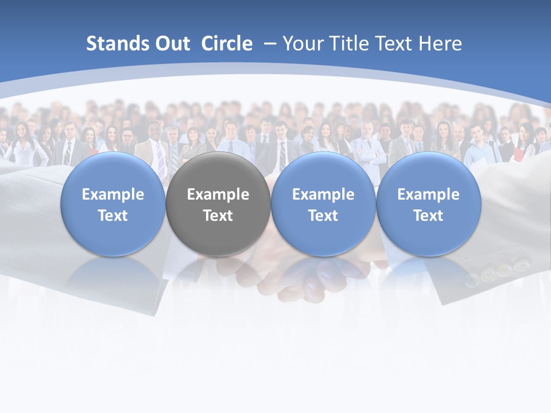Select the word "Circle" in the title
point(227,44)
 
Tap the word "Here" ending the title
point(441,44)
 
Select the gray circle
point(218,204)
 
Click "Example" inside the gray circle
point(218,194)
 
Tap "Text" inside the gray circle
point(218,216)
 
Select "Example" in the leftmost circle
point(113,194)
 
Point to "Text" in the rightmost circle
point(428,216)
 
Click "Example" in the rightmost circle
point(428,194)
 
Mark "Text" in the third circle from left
point(323,216)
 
